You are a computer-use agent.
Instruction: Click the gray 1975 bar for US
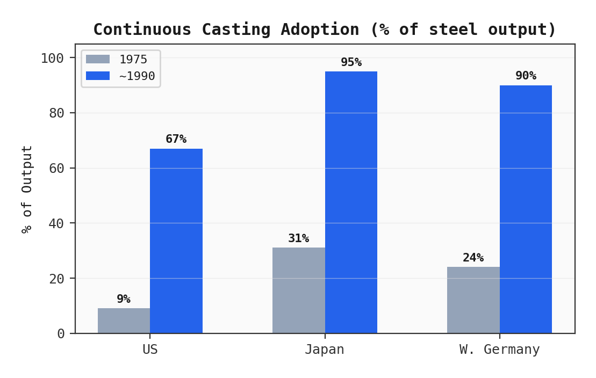(x=124, y=321)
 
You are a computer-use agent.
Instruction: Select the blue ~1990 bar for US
(x=176, y=241)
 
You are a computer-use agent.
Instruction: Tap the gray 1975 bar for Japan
(x=298, y=290)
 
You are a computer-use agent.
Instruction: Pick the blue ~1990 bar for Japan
(x=351, y=202)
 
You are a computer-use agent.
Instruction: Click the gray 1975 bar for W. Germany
(x=473, y=300)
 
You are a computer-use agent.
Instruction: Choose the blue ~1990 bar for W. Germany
(x=526, y=209)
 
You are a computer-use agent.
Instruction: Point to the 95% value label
(x=351, y=62)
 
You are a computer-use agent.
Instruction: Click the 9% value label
(x=124, y=299)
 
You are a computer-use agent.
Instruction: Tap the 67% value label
(x=176, y=139)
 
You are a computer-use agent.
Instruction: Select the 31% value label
(x=298, y=238)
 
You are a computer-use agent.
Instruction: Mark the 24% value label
(x=473, y=258)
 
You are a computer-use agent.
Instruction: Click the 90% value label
(x=526, y=76)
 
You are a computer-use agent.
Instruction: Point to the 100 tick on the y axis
(x=52, y=58)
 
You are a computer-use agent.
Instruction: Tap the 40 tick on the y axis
(x=56, y=223)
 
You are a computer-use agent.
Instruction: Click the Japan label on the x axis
(x=325, y=350)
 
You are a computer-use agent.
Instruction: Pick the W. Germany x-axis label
(x=499, y=350)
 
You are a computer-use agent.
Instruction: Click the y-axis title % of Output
(x=27, y=189)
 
